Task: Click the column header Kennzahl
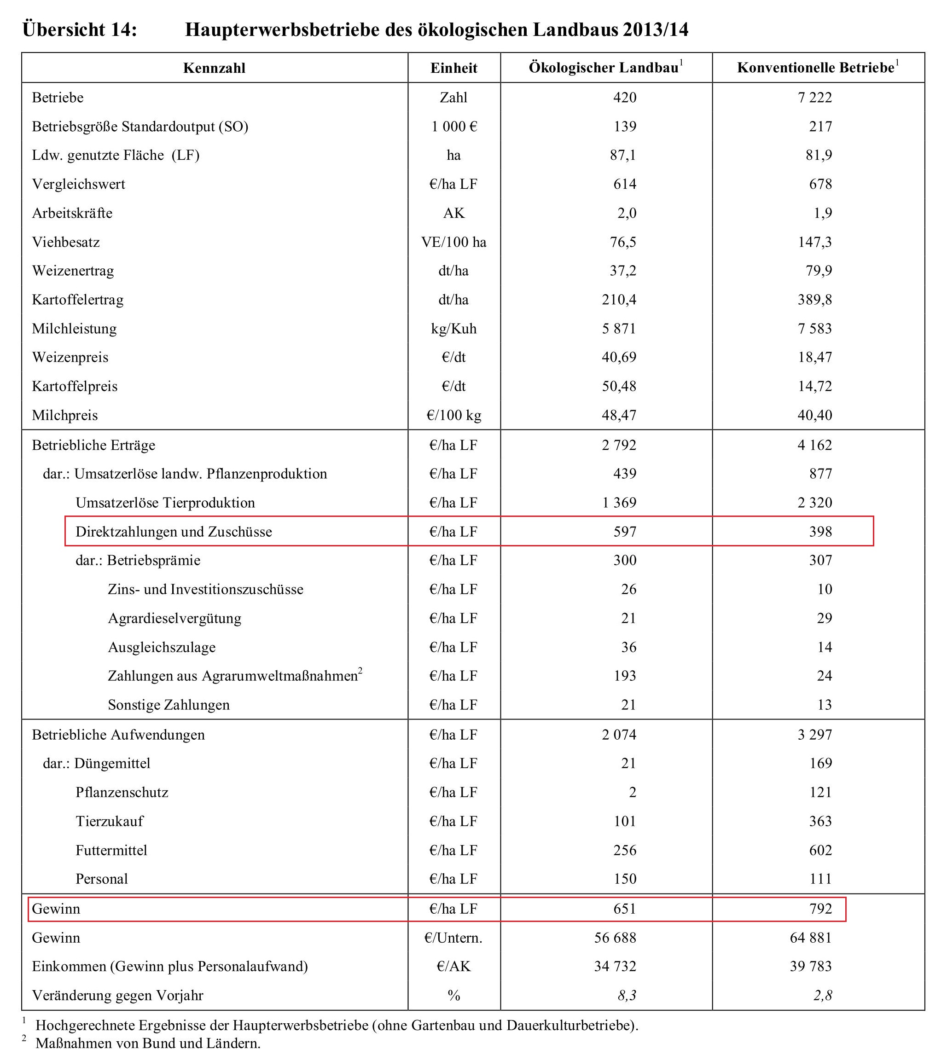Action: [x=214, y=68]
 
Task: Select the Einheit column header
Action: [x=454, y=68]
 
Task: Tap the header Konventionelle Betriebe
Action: [x=815, y=68]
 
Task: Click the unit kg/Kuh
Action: [x=454, y=329]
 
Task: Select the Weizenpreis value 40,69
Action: [x=619, y=358]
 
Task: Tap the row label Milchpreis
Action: [x=64, y=415]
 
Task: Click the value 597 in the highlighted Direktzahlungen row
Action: [x=624, y=531]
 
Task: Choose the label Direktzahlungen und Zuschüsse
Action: [x=174, y=531]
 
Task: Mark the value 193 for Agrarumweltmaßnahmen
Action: [x=624, y=675]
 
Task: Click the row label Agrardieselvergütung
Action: [x=175, y=618]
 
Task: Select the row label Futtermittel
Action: [x=111, y=850]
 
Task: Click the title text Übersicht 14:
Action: [x=80, y=29]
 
